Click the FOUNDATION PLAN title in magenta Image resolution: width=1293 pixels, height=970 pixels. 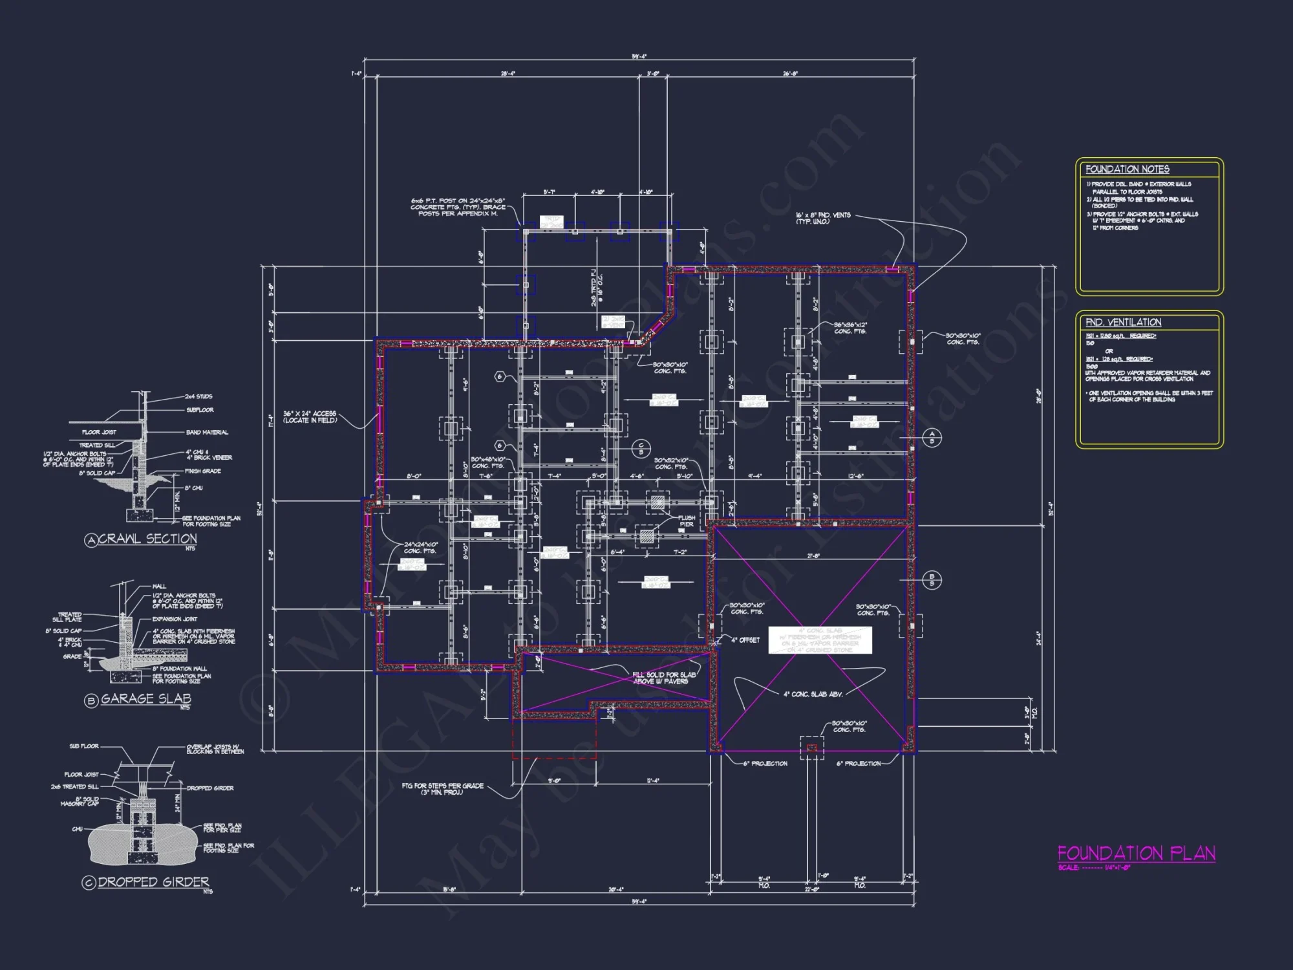pos(1136,854)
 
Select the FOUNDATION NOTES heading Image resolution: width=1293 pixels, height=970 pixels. pos(1127,169)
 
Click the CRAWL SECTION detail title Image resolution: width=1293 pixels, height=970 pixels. pos(147,539)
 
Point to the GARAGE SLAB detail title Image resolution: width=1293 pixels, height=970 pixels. pos(146,698)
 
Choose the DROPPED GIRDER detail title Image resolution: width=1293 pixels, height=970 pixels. pos(154,882)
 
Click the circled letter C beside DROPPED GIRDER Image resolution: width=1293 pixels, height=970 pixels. pos(89,883)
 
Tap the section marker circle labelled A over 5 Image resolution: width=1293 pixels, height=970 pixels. pos(932,437)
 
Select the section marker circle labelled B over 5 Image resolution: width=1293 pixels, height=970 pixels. pos(932,579)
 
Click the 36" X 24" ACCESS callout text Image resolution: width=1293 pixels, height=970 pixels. pos(310,416)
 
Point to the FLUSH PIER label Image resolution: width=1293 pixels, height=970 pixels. pos(687,521)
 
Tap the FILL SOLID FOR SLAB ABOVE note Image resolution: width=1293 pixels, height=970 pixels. pos(664,678)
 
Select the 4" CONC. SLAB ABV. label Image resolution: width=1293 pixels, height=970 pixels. pos(813,694)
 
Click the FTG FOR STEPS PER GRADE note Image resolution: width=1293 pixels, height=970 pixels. pos(442,789)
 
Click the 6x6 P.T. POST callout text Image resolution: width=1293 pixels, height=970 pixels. pos(458,207)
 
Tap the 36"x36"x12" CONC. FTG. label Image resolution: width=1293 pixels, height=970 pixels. pos(850,328)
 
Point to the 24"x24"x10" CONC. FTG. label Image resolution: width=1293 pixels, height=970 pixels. pos(421,548)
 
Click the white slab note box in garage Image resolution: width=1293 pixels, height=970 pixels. pos(820,640)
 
